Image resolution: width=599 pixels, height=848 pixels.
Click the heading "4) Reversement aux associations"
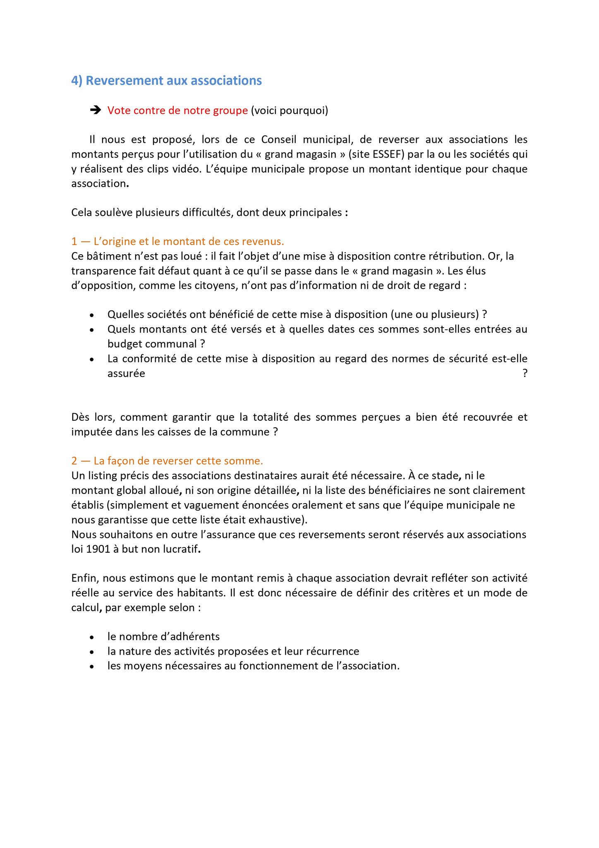pyautogui.click(x=166, y=81)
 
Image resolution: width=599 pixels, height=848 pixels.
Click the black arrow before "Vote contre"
pyautogui.click(x=95, y=110)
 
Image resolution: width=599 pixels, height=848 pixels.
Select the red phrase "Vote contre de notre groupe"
pyautogui.click(x=177, y=111)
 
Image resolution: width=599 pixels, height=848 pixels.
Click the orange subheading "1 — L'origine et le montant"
pyautogui.click(x=177, y=241)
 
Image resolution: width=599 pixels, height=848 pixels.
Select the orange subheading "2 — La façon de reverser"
pyautogui.click(x=167, y=461)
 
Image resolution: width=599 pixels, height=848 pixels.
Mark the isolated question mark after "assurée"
pyautogui.click(x=525, y=373)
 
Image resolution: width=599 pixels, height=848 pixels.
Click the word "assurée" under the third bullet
pyautogui.click(x=126, y=373)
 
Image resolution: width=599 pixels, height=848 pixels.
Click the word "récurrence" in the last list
pyautogui.click(x=333, y=651)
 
